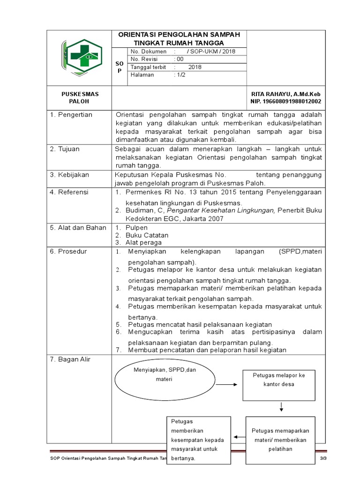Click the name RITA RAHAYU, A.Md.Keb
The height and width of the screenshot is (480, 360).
pos(286,94)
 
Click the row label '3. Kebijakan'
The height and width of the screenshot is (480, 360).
pos(69,175)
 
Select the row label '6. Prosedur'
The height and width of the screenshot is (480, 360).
pos(68,251)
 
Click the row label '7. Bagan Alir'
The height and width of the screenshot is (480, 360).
pos(70,360)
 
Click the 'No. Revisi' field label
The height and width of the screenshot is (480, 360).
pos(145,59)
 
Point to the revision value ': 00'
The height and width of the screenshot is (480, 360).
pos(179,59)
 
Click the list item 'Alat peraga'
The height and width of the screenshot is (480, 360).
pos(143,242)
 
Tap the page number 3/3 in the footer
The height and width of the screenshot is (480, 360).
pos(322,457)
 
